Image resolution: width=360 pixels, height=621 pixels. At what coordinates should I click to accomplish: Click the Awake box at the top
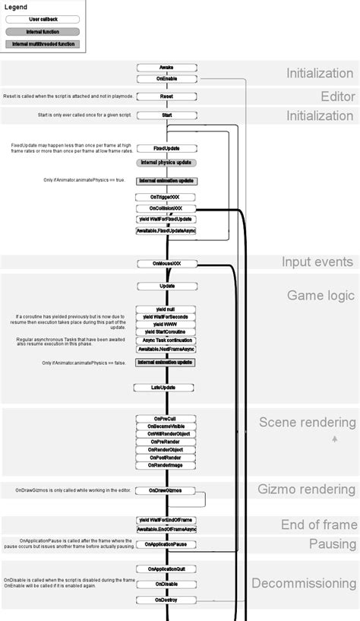point(167,68)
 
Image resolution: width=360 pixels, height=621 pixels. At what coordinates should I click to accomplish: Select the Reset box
point(167,97)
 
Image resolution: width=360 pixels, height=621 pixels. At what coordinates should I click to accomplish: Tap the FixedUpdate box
point(167,148)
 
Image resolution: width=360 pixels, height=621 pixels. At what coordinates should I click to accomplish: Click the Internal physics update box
point(167,163)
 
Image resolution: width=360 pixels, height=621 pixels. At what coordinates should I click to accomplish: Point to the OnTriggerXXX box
point(167,197)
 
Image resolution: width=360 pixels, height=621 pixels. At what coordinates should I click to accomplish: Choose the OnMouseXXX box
point(167,264)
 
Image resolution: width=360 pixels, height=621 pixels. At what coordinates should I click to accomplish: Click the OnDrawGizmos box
point(167,490)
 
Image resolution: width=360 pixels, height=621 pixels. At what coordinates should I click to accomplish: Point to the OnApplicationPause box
point(167,544)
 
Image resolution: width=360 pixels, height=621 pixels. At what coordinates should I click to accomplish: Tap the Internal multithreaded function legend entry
point(43,45)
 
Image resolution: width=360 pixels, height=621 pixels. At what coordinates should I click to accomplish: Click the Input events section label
point(317,262)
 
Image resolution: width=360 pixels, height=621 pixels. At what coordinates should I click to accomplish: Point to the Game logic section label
point(321,295)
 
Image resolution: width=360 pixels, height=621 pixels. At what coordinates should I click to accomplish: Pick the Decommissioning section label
point(303,584)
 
